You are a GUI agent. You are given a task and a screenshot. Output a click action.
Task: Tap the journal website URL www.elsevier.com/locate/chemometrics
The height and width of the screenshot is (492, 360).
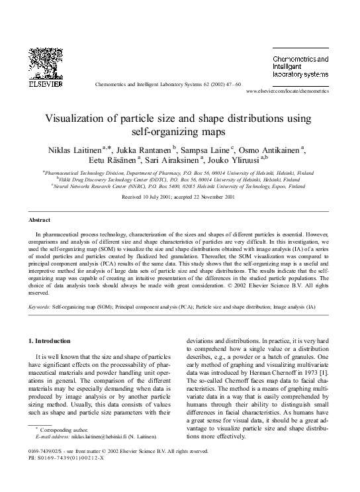point(287,91)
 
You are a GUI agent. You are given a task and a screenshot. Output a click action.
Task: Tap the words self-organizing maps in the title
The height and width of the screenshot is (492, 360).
point(180,132)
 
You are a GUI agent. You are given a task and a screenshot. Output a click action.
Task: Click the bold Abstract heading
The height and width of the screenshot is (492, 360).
point(40,219)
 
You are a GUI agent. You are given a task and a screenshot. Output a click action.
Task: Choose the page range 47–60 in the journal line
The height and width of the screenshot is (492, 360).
point(232,85)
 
